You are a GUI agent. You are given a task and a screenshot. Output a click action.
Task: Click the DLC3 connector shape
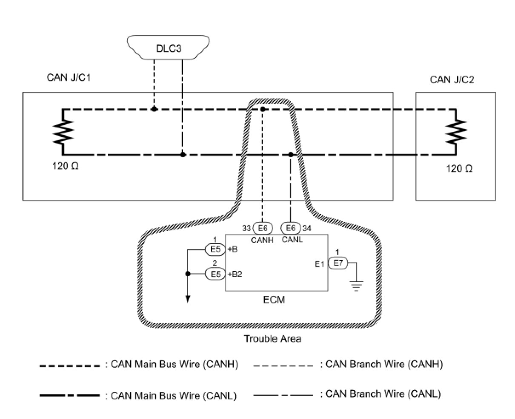[169, 48]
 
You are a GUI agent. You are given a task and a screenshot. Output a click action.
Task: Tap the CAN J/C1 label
[69, 78]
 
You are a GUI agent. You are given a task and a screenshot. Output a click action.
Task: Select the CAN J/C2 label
[452, 80]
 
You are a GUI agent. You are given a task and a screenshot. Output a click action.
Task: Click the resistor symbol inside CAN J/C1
[63, 132]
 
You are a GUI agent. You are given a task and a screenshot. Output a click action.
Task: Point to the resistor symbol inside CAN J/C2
[456, 132]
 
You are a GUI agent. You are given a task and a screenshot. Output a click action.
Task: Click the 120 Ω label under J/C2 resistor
[459, 168]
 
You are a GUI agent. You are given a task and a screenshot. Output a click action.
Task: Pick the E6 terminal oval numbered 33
[263, 228]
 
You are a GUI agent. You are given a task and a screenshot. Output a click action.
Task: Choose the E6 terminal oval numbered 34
[291, 228]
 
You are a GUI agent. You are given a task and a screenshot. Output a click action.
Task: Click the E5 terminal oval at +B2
[215, 274]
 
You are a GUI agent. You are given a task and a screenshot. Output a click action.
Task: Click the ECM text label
[274, 300]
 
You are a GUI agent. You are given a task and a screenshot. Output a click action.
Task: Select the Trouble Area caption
[272, 339]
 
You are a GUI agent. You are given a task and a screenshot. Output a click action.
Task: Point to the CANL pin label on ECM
[292, 240]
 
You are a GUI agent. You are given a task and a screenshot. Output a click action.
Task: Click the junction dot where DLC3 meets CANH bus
[154, 109]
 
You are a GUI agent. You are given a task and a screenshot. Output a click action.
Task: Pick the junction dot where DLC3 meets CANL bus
[183, 155]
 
